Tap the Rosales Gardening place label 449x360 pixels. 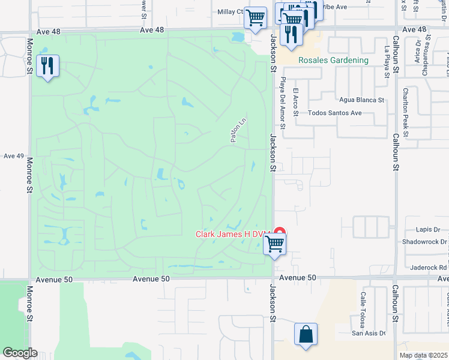(x=334, y=61)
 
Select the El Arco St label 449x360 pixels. (x=295, y=99)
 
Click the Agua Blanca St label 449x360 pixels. (x=361, y=100)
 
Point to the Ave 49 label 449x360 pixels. (x=13, y=156)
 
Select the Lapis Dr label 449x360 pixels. (x=428, y=229)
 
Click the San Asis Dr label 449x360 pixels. (x=368, y=334)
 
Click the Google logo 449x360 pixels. (x=20, y=353)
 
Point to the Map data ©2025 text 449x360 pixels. (x=423, y=355)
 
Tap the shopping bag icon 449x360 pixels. (x=306, y=334)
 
